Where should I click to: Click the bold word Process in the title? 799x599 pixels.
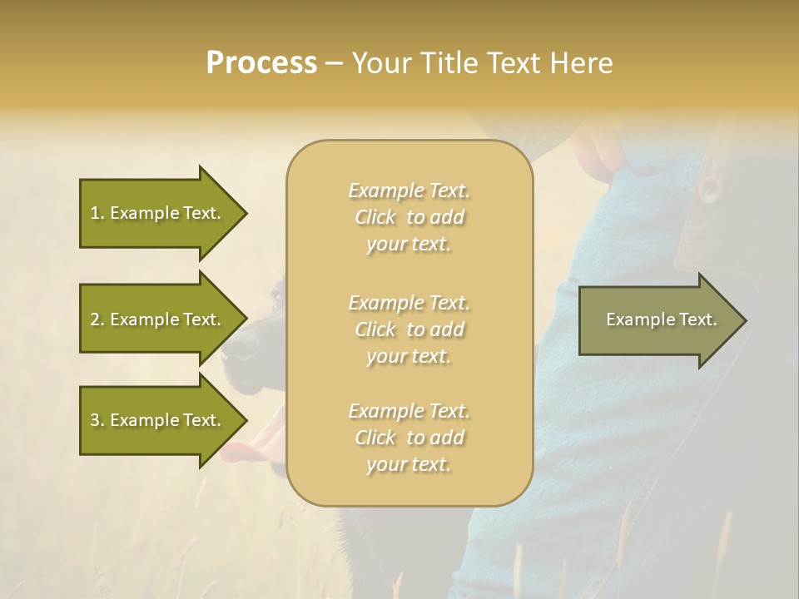(261, 63)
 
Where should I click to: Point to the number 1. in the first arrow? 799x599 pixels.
(97, 213)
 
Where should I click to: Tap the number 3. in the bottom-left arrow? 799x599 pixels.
(97, 420)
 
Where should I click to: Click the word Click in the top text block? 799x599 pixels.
(375, 217)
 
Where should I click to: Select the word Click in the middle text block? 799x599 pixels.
(375, 329)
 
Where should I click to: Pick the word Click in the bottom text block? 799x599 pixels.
(375, 438)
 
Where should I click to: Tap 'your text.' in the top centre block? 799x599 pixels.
(409, 245)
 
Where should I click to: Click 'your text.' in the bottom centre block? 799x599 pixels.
(409, 465)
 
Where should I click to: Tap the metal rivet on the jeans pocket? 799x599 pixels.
(709, 187)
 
